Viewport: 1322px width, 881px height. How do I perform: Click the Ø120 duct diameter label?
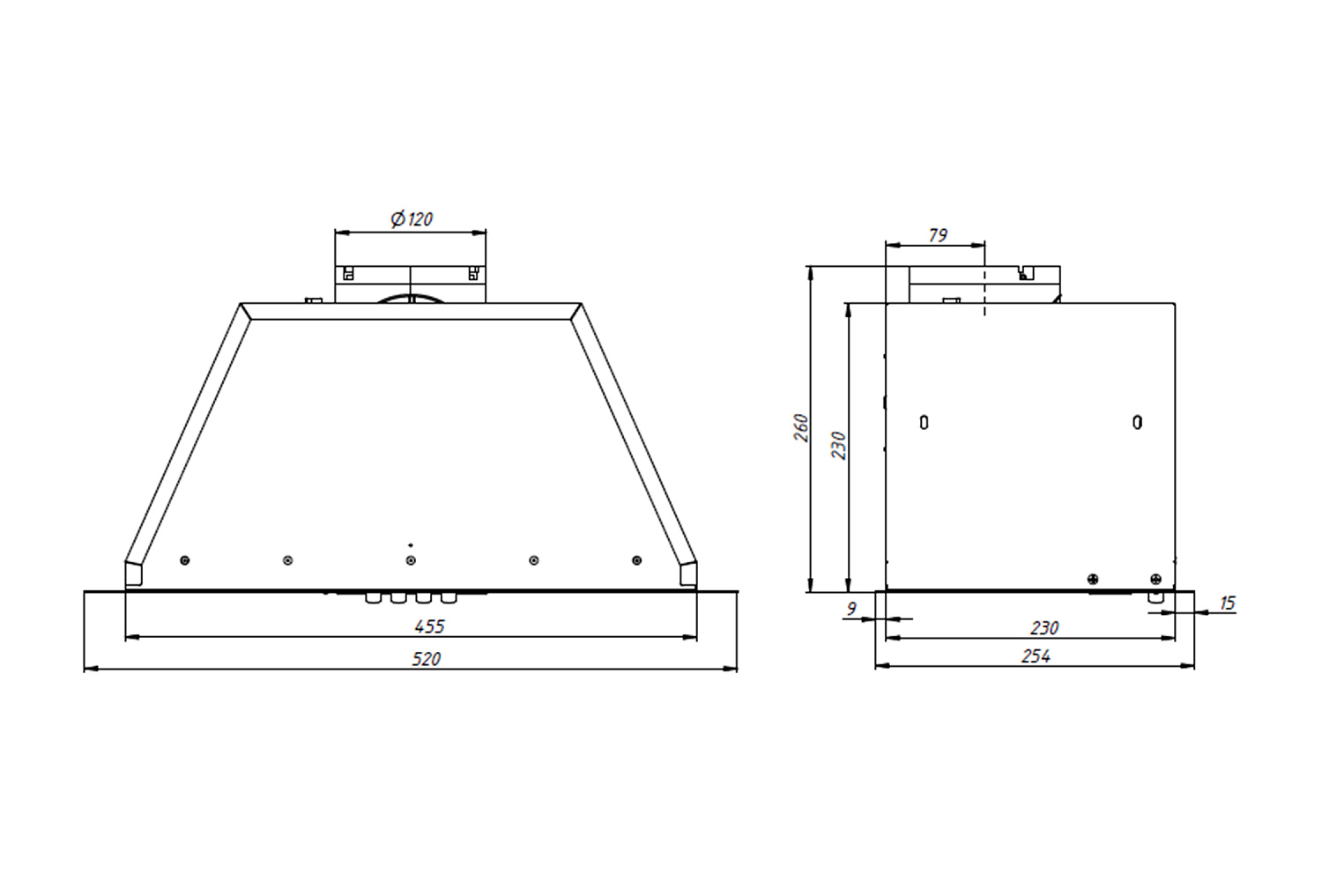click(412, 218)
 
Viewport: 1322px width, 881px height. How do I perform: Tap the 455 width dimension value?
click(429, 626)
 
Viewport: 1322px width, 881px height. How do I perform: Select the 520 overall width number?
click(426, 658)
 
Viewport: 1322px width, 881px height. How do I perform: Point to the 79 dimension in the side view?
click(938, 235)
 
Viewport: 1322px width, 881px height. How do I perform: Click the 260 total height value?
click(801, 428)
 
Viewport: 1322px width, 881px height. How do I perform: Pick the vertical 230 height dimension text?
click(838, 446)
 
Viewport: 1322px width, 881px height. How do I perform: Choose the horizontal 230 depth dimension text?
click(1044, 628)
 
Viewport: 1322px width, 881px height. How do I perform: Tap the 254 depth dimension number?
click(1036, 656)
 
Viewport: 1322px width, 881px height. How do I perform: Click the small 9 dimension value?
click(851, 609)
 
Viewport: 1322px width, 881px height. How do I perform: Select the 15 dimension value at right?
click(1228, 603)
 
